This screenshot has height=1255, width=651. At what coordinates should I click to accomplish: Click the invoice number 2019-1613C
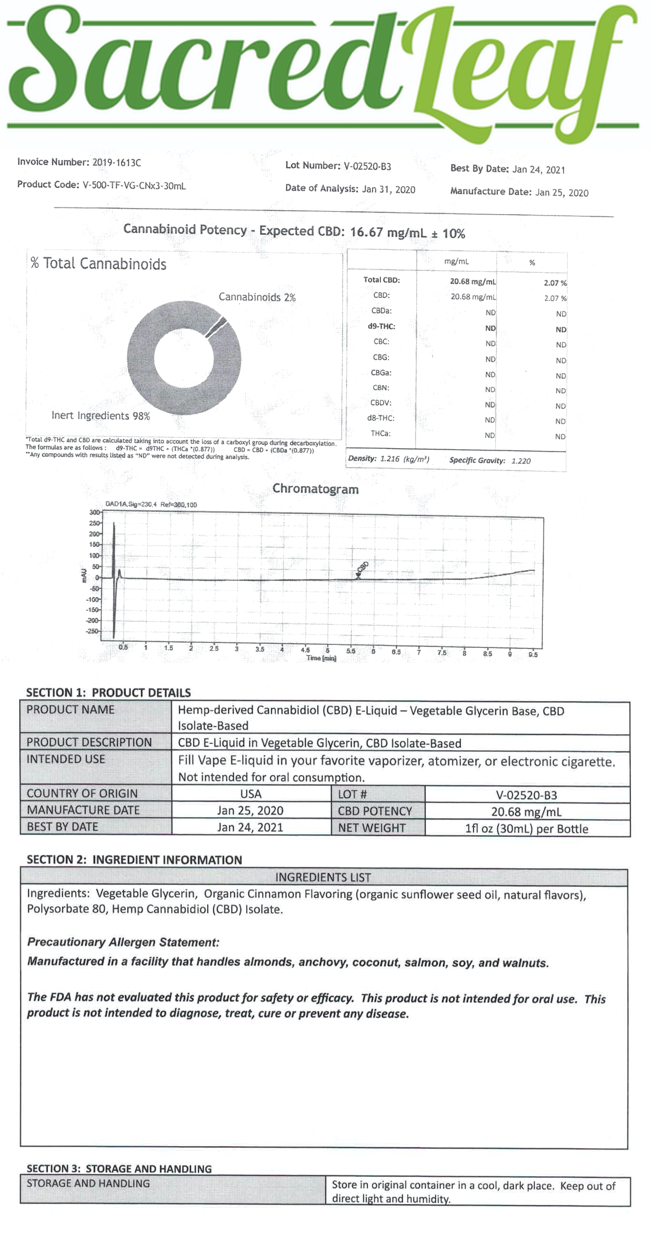[116, 163]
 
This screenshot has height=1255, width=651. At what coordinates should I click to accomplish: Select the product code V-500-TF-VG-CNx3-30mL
[134, 186]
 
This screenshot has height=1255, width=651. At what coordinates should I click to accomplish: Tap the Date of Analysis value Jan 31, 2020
[388, 190]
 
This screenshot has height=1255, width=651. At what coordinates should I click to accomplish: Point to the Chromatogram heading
[315, 489]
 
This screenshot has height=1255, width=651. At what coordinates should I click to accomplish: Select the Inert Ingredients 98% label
[101, 416]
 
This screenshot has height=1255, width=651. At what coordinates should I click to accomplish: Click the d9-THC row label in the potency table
[381, 326]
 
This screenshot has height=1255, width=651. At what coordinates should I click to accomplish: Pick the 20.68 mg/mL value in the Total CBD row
[473, 281]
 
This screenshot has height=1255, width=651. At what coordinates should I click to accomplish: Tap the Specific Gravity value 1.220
[521, 461]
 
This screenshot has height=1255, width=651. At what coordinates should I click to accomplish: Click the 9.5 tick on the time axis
[533, 654]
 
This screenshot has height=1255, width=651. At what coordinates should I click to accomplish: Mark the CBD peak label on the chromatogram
[363, 567]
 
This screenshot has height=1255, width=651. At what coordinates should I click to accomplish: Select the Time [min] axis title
[321, 658]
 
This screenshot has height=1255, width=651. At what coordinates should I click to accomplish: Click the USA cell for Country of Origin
[251, 794]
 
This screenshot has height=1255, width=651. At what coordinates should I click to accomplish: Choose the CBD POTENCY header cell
[375, 811]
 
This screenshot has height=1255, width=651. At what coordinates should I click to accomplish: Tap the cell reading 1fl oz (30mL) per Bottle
[526, 829]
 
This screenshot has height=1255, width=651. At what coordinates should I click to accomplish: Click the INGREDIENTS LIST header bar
[323, 877]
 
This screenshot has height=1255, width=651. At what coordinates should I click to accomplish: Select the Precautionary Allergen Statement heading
[123, 942]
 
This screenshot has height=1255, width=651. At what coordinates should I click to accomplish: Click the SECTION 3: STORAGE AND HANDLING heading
[119, 1169]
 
